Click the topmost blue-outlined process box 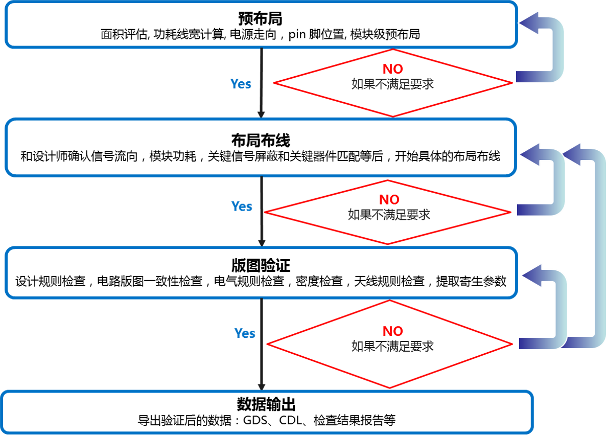(x=261, y=25)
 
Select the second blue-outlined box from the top (x=261, y=147)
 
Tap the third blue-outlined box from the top (x=261, y=272)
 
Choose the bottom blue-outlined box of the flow (x=267, y=412)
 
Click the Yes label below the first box (x=241, y=84)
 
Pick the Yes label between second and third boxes (x=242, y=207)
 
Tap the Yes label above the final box (x=245, y=334)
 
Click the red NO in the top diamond (x=393, y=69)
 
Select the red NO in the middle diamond (x=389, y=199)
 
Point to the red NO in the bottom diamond (x=393, y=331)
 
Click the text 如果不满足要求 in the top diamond (x=392, y=84)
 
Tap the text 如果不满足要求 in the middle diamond (x=389, y=215)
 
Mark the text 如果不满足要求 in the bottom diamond (x=392, y=346)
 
